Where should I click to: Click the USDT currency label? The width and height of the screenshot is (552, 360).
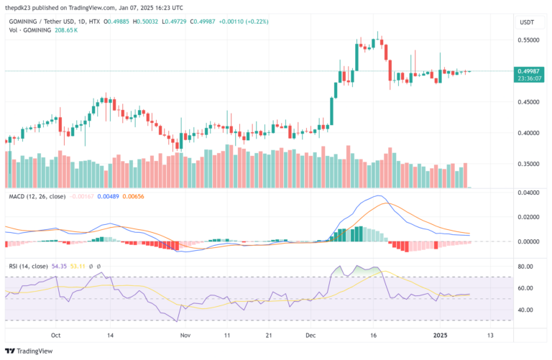(x=527, y=22)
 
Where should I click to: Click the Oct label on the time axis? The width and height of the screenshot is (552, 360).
(x=56, y=335)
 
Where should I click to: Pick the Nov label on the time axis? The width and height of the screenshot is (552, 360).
(x=185, y=335)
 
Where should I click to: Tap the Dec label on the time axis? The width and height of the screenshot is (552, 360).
(x=310, y=335)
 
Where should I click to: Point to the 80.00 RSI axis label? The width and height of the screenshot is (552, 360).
(x=526, y=267)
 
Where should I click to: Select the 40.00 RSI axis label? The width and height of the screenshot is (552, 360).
(x=526, y=310)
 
